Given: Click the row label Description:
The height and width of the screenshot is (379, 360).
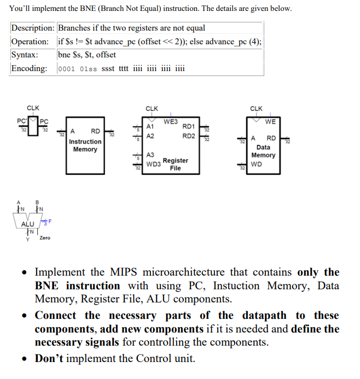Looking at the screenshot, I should [x=33, y=28].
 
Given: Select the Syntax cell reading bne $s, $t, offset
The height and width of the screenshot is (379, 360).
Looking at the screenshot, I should [x=86, y=55].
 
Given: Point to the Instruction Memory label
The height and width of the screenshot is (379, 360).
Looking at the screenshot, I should [x=85, y=145].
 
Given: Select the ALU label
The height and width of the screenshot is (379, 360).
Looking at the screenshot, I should [x=27, y=224].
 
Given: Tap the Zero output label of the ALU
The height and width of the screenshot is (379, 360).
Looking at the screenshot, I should [x=45, y=238].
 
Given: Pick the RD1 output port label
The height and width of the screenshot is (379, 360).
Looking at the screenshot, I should [x=188, y=126].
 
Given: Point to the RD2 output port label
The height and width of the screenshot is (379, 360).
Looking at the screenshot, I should [x=188, y=136].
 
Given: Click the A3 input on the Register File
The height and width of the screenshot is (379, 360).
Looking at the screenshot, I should [x=150, y=155].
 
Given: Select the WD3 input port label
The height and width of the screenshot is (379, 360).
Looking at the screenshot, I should [x=153, y=164].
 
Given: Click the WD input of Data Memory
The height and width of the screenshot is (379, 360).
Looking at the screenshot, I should [x=256, y=164].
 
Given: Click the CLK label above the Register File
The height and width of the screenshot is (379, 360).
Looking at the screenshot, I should [x=152, y=109].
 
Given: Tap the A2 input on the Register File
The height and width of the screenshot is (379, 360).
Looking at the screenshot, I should [x=150, y=136].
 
